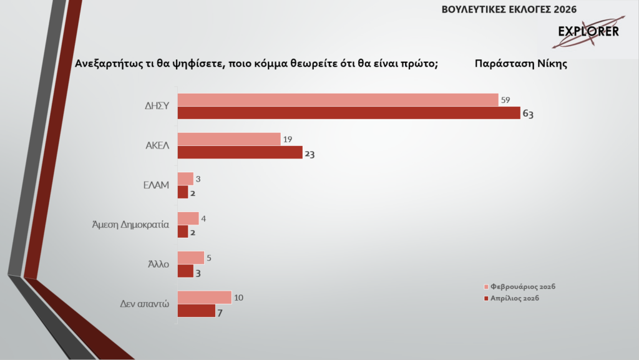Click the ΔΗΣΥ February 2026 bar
point(338,100)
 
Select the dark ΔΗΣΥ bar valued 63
point(349,113)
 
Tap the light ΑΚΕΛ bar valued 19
point(229,139)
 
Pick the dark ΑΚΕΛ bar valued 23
point(240,152)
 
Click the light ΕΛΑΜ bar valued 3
point(185,179)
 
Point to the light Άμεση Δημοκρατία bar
point(188,218)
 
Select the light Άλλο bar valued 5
point(191,258)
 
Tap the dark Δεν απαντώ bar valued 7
point(197,310)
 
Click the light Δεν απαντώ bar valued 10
point(205,297)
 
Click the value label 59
point(506,100)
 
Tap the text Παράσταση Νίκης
point(520,64)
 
